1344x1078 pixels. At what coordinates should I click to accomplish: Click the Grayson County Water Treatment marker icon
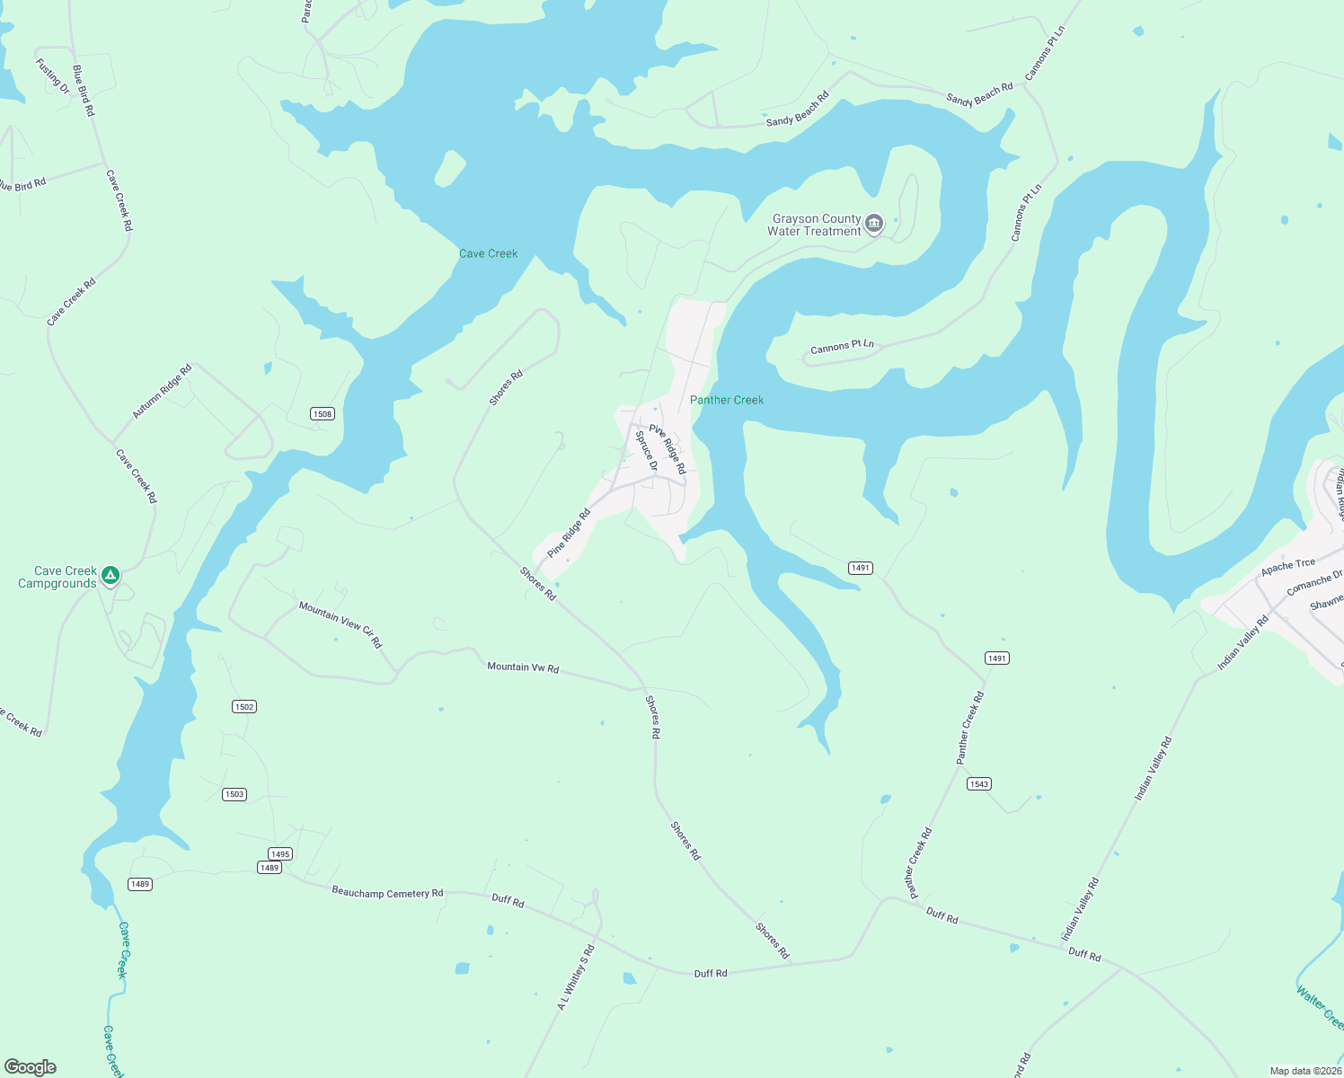[x=874, y=224]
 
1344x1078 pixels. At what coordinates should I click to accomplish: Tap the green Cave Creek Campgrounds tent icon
[x=111, y=575]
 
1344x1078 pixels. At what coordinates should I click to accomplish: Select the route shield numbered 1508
[x=323, y=414]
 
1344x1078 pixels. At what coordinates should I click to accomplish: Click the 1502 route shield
[x=244, y=707]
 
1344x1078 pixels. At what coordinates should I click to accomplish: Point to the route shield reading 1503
[x=234, y=794]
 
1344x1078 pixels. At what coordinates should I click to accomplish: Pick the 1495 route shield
[x=280, y=854]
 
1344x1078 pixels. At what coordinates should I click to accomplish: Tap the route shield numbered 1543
[x=979, y=784]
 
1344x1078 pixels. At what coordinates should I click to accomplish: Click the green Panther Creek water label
[x=726, y=400]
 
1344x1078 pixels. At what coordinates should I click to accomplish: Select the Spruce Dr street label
[x=646, y=451]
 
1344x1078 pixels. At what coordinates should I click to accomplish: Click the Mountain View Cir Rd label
[x=340, y=624]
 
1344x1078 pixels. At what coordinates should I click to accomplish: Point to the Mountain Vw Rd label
[x=523, y=667]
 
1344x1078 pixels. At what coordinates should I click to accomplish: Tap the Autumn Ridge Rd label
[x=163, y=392]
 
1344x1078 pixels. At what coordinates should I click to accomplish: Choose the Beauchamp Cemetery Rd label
[x=387, y=893]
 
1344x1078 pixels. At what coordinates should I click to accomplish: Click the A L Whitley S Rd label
[x=576, y=976]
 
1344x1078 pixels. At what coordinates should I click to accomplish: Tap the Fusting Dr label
[x=52, y=76]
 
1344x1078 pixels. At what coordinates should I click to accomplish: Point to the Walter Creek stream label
[x=1320, y=1007]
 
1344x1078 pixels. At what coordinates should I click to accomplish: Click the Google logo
[x=31, y=1067]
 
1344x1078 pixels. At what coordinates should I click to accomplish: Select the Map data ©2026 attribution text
[x=1304, y=1071]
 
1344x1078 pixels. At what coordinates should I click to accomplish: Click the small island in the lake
[x=450, y=168]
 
